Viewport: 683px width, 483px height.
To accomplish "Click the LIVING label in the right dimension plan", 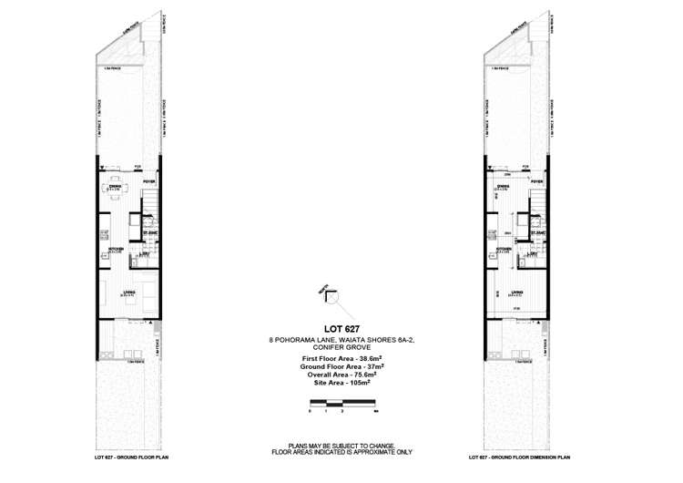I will pos(514,292).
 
